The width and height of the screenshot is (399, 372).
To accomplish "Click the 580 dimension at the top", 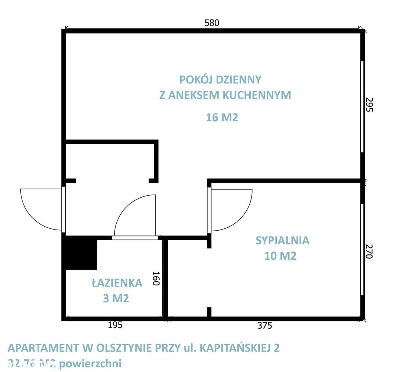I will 212,23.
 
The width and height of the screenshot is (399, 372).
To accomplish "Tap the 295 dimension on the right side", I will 369,105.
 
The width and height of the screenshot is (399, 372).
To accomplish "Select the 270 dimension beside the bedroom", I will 369,251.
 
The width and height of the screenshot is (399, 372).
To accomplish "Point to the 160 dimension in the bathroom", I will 155,278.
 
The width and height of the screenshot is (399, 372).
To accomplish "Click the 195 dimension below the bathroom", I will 115,325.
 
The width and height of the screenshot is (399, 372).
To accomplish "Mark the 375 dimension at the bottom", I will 265,325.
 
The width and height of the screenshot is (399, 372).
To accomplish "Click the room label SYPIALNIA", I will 282,240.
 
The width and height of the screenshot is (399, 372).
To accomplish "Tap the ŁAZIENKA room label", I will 117,283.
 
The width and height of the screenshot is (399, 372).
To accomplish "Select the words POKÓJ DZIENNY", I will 220,80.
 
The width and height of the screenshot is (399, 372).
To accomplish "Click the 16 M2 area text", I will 222,118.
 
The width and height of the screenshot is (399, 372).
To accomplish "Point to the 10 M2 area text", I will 280,256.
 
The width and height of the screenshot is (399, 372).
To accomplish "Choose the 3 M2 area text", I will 116,298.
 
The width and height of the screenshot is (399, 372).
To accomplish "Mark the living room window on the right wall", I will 363,106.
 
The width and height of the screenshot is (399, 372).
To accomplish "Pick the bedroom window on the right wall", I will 363,249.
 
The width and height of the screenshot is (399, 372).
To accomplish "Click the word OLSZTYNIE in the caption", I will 123,348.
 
